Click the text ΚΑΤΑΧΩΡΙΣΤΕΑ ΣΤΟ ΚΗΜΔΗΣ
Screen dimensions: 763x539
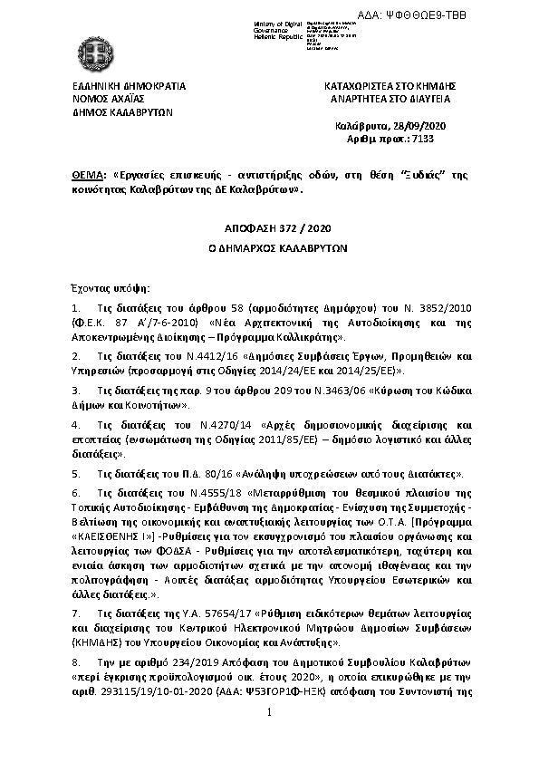(390, 85)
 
